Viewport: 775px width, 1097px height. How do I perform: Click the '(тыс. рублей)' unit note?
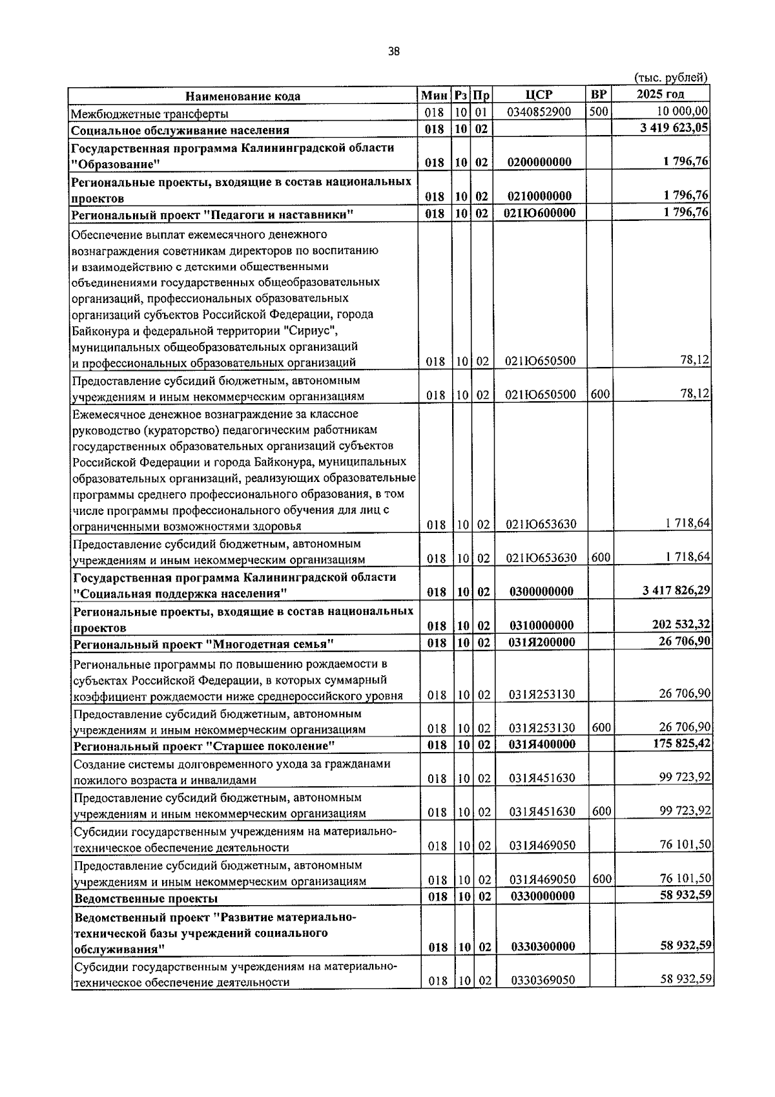click(x=672, y=78)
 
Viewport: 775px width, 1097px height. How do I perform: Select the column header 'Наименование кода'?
click(x=243, y=96)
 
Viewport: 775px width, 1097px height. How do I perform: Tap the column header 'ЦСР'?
click(x=539, y=95)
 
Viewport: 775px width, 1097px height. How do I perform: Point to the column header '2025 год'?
click(x=660, y=95)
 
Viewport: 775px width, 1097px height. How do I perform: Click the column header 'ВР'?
click(x=598, y=95)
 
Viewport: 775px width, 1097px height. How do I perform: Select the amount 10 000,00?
click(x=683, y=112)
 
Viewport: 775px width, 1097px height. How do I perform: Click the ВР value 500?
click(x=598, y=112)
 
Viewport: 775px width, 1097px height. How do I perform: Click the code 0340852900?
click(x=539, y=112)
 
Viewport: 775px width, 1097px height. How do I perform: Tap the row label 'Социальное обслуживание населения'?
click(x=180, y=131)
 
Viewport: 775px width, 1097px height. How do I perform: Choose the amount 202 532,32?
click(x=681, y=624)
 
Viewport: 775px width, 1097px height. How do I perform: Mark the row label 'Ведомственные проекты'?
click(x=146, y=899)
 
